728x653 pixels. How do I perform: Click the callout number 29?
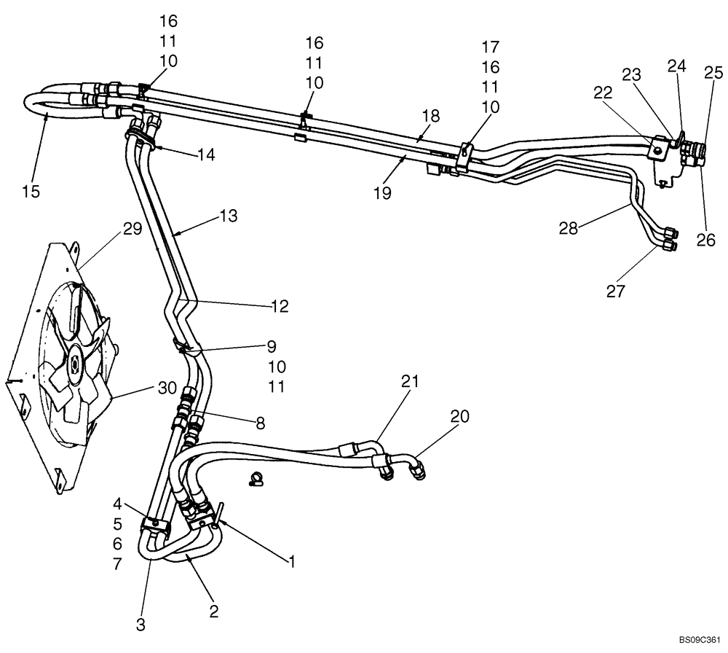(131, 229)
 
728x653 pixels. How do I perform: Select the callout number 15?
(31, 192)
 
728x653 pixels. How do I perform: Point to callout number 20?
(460, 416)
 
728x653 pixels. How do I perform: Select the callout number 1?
(291, 561)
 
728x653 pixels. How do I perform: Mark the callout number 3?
(141, 624)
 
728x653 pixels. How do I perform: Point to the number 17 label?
(490, 47)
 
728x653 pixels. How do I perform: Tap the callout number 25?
(713, 72)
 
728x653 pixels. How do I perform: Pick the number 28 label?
(569, 228)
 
